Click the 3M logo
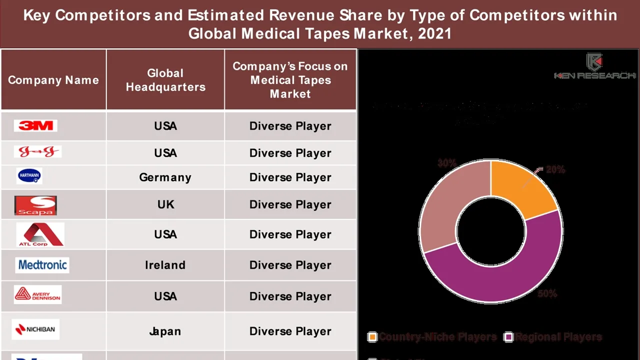pyautogui.click(x=35, y=125)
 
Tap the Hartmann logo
pyautogui.click(x=29, y=176)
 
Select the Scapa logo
pyautogui.click(x=35, y=205)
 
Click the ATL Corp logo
pyautogui.click(x=40, y=234)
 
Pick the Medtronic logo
pyautogui.click(x=42, y=264)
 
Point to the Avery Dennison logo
pyautogui.click(x=38, y=294)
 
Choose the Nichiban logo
pyautogui.click(x=35, y=329)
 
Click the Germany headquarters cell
pyautogui.click(x=165, y=177)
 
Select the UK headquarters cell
pyautogui.click(x=165, y=204)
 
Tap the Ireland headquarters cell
pyautogui.click(x=165, y=265)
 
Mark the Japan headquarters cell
pyautogui.click(x=165, y=331)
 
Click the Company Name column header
pyautogui.click(x=53, y=80)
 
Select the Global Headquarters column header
pyautogui.click(x=165, y=80)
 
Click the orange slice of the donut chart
pyautogui.click(x=520, y=187)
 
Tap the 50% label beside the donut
pyautogui.click(x=547, y=294)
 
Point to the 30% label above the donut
pyautogui.click(x=446, y=163)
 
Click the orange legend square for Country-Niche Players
pyautogui.click(x=372, y=337)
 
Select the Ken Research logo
pyautogui.click(x=594, y=66)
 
